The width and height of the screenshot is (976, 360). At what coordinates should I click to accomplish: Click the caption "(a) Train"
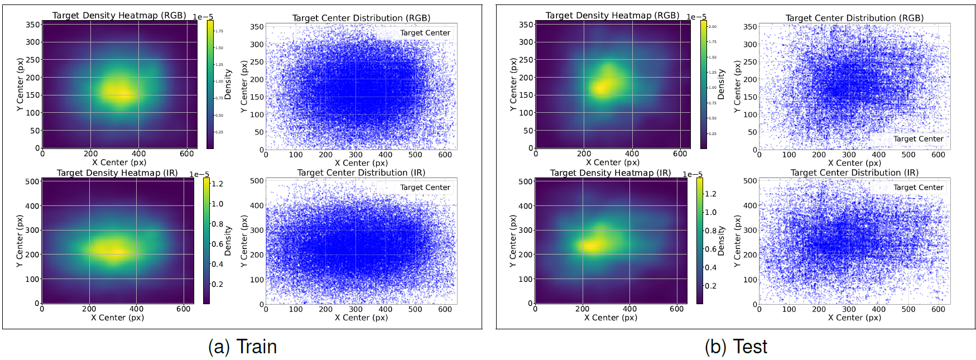pyautogui.click(x=242, y=347)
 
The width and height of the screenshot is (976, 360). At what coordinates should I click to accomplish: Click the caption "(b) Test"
pyautogui.click(x=735, y=347)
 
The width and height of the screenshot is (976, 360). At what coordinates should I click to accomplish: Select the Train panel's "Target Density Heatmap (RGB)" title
pyautogui.click(x=119, y=15)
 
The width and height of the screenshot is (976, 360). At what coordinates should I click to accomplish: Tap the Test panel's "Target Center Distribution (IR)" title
pyautogui.click(x=854, y=172)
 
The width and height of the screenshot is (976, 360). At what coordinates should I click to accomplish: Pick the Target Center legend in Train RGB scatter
pyautogui.click(x=425, y=33)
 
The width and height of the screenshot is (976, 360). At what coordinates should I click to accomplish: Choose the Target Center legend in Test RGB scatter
pyautogui.click(x=918, y=139)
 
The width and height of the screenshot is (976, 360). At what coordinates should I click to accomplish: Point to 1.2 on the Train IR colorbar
pyautogui.click(x=217, y=184)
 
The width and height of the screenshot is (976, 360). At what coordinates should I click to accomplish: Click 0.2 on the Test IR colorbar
pyautogui.click(x=710, y=286)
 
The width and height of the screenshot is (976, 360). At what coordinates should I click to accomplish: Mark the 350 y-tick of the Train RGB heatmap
pyautogui.click(x=33, y=25)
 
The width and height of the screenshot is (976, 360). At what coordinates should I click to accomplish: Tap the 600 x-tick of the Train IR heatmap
pyautogui.click(x=183, y=309)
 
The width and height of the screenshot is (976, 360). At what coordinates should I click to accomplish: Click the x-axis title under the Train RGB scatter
pyautogui.click(x=361, y=163)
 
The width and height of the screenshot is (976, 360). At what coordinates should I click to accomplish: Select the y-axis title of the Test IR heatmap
pyautogui.click(x=513, y=241)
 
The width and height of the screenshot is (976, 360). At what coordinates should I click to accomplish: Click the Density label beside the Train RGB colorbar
pyautogui.click(x=228, y=84)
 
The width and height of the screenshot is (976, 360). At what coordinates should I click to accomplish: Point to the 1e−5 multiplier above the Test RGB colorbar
pyautogui.click(x=696, y=17)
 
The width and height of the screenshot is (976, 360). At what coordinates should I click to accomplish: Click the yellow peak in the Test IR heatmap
pyautogui.click(x=589, y=244)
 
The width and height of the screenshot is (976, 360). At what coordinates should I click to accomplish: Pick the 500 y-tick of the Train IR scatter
pyautogui.click(x=257, y=181)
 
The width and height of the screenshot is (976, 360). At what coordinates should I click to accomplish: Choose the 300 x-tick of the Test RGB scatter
pyautogui.click(x=849, y=155)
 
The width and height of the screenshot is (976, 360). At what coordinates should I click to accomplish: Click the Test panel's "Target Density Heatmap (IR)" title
pyautogui.click(x=610, y=172)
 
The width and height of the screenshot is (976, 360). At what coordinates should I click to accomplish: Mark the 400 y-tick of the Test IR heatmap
pyautogui.click(x=526, y=206)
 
